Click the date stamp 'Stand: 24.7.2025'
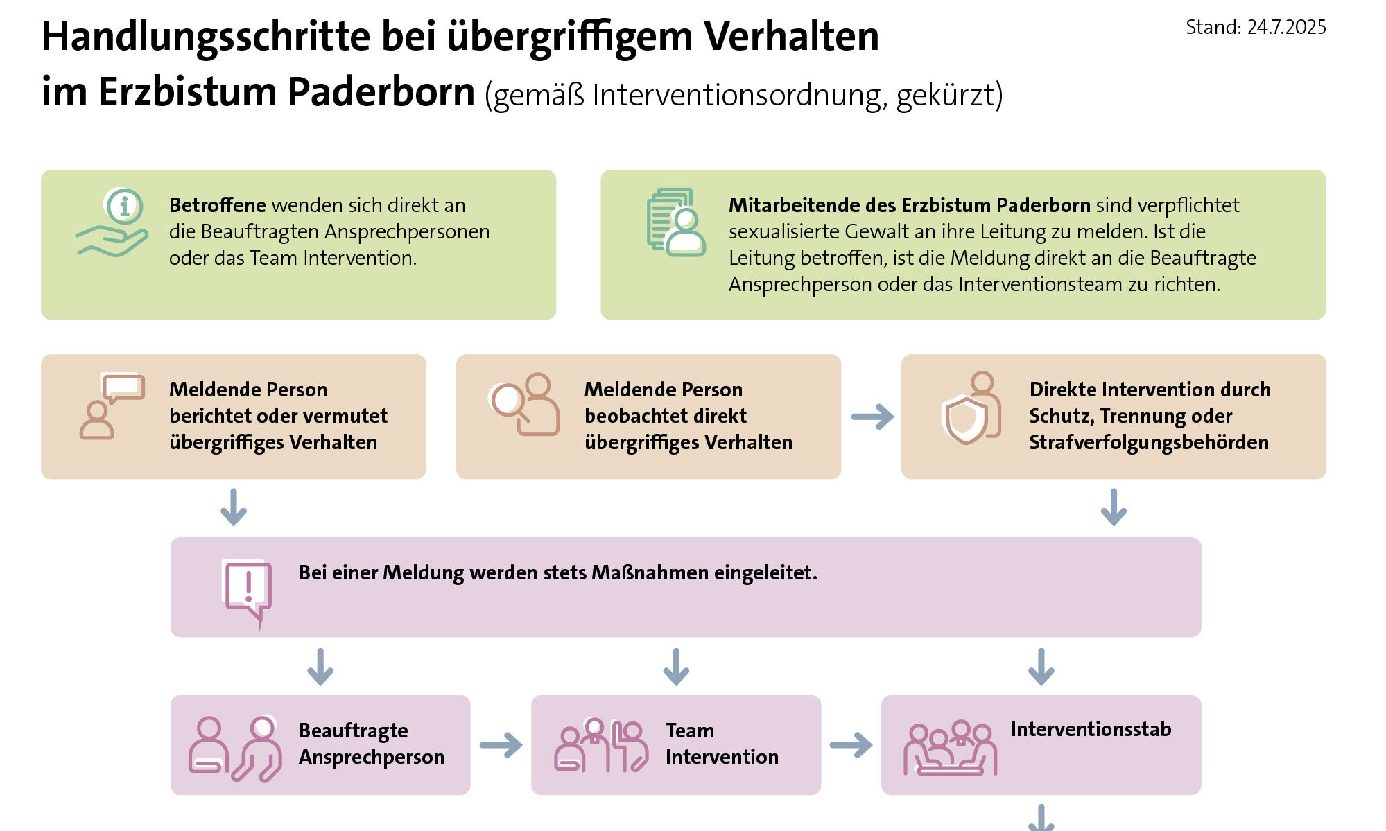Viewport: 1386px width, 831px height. click(1255, 28)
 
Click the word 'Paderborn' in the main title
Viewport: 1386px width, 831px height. click(381, 92)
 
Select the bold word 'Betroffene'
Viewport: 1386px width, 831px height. click(217, 205)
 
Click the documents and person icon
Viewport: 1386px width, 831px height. click(675, 222)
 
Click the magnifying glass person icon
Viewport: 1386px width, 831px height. click(524, 405)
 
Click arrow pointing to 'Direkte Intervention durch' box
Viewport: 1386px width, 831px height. click(872, 417)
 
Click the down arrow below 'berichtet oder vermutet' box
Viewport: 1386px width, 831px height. click(234, 507)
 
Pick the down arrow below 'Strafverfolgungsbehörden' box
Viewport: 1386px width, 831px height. click(1114, 507)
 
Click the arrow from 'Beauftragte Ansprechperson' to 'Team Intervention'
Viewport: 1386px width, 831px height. click(501, 745)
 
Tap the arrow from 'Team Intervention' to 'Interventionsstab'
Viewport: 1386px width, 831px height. click(851, 745)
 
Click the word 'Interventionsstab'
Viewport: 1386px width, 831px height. click(1091, 729)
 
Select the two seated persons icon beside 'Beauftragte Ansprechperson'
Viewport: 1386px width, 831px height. click(235, 749)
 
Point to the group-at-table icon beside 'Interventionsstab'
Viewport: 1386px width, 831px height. click(950, 749)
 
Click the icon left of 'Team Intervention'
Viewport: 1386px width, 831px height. click(600, 746)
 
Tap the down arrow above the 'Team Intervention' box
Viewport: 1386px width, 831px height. click(676, 667)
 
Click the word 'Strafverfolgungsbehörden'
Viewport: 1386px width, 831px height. click(1148, 442)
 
